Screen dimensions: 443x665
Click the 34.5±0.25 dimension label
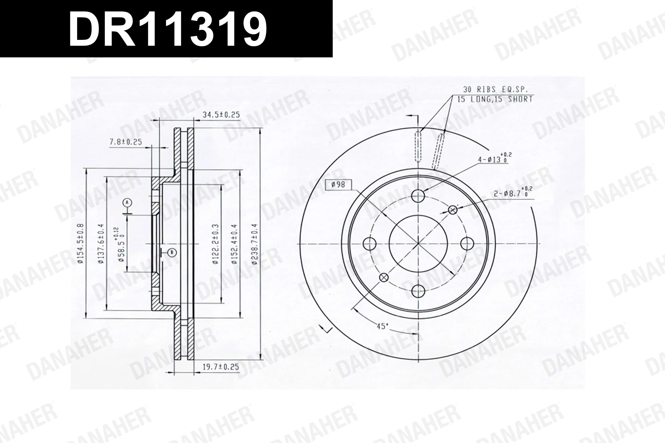(x=221, y=115)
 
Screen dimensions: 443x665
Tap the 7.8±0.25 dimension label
(x=126, y=142)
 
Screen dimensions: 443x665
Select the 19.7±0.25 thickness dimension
(x=221, y=367)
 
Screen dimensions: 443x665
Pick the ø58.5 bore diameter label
(x=121, y=245)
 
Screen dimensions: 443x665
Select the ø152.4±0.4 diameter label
(x=234, y=244)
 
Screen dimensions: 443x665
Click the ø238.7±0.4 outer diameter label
(x=255, y=244)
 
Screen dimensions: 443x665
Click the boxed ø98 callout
(x=338, y=184)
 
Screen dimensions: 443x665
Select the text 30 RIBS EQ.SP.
(x=495, y=90)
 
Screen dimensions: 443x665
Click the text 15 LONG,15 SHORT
(x=495, y=99)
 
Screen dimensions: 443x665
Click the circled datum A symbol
(x=127, y=202)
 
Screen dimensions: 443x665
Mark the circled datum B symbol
(x=172, y=252)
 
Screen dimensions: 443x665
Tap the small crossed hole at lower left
(x=384, y=277)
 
